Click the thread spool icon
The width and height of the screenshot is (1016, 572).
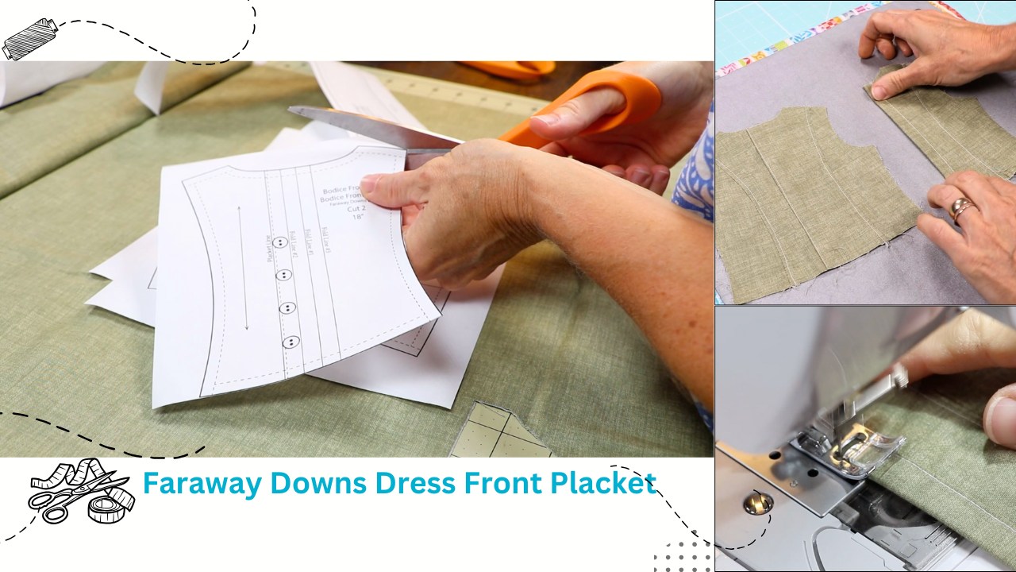pos(27,38)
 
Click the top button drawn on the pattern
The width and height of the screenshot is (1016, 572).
pos(279,242)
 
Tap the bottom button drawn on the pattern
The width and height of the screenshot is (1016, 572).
pos(291,342)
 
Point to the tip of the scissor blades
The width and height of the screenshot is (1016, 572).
pos(291,110)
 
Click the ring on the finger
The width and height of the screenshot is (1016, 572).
pos(962,208)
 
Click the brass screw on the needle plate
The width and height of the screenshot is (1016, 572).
pos(756,501)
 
